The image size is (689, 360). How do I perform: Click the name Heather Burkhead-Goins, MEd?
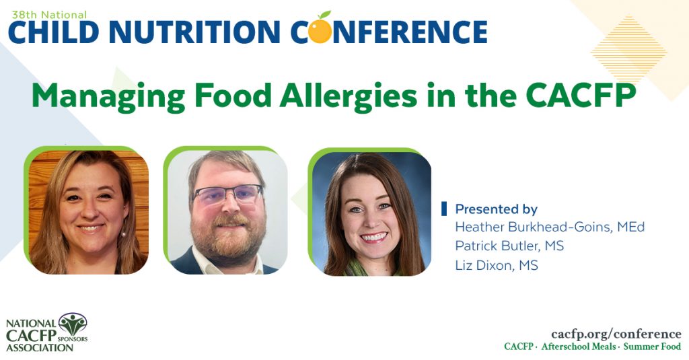point(550,227)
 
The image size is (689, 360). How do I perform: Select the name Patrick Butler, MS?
point(509,246)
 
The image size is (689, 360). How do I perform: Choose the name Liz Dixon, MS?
point(497,266)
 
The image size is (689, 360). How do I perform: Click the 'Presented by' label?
point(497,209)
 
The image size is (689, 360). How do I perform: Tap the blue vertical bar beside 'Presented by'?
point(444,209)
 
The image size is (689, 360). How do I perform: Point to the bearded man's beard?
point(227,236)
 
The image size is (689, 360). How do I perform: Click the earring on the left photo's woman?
point(123,232)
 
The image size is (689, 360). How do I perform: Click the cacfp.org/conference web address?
point(616,334)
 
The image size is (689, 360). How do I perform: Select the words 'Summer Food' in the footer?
point(652,347)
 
